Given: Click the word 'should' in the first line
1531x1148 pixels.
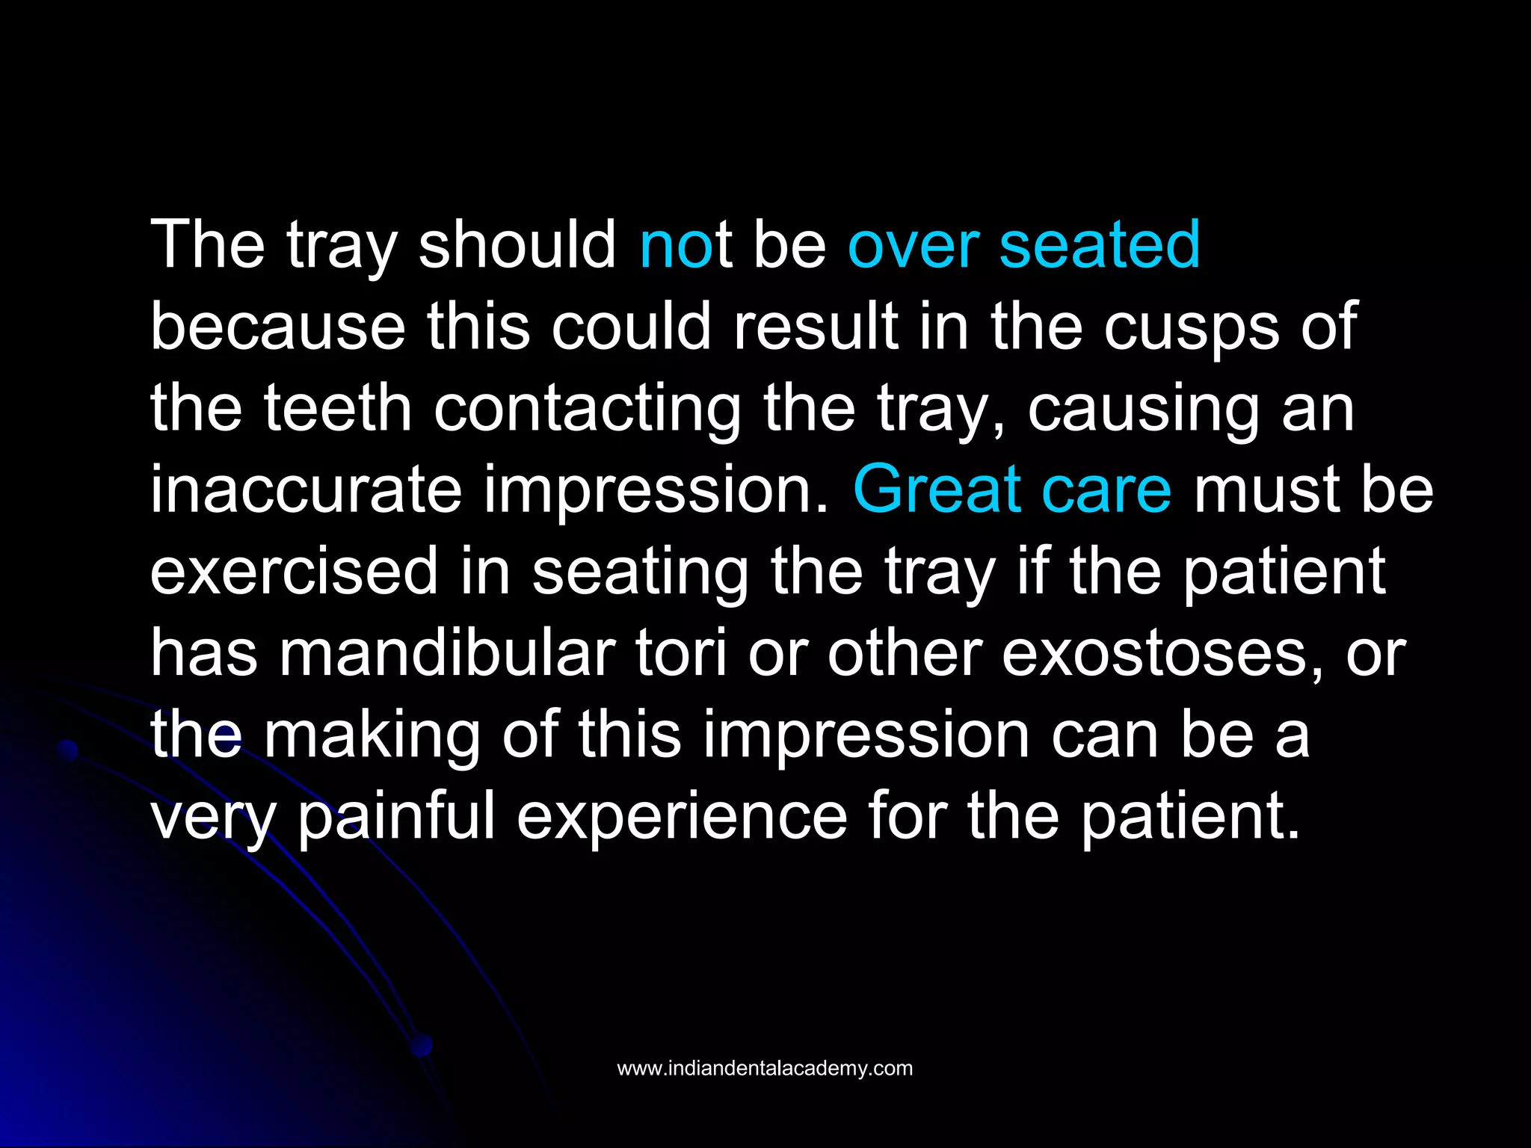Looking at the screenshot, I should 517,244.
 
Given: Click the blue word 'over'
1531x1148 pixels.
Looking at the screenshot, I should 914,244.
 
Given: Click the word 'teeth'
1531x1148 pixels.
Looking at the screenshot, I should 338,408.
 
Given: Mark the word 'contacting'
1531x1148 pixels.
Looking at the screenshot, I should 588,408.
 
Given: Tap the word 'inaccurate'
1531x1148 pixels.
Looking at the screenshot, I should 306,490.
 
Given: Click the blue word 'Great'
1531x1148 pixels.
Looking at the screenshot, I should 937,490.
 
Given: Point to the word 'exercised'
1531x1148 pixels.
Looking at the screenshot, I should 295,571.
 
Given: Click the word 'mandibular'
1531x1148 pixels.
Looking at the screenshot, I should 448,653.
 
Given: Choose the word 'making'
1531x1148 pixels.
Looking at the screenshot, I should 372,735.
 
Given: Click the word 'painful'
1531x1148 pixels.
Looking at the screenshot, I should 397,816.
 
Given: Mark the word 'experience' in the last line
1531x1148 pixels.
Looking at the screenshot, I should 682,816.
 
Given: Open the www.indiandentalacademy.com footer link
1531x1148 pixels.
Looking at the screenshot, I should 765,1068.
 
